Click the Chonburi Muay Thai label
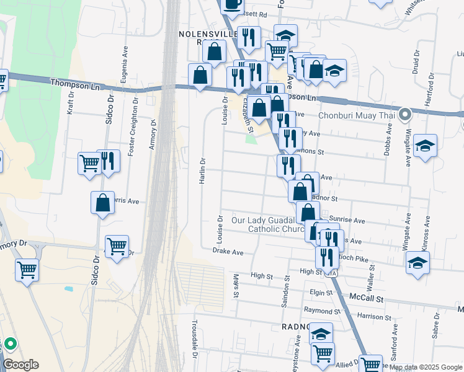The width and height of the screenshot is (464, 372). pyautogui.click(x=357, y=115)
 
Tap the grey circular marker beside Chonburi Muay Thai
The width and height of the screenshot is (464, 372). pyautogui.click(x=406, y=115)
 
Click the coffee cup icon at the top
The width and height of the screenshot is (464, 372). pyautogui.click(x=233, y=4)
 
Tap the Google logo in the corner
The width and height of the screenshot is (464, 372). pyautogui.click(x=20, y=365)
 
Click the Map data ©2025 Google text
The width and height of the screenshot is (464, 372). pyautogui.click(x=426, y=367)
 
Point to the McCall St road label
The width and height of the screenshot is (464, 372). pyautogui.click(x=367, y=298)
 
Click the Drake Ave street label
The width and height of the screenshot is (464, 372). pyautogui.click(x=228, y=252)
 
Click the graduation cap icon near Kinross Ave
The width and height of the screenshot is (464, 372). pyautogui.click(x=418, y=262)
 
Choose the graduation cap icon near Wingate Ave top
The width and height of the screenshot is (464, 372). pyautogui.click(x=426, y=146)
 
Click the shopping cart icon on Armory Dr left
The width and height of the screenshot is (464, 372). pyautogui.click(x=27, y=270)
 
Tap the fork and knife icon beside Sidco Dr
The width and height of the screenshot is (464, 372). pyautogui.click(x=109, y=161)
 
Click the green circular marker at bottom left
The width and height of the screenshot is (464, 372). pyautogui.click(x=10, y=343)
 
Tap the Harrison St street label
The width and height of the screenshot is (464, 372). pyautogui.click(x=374, y=317)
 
